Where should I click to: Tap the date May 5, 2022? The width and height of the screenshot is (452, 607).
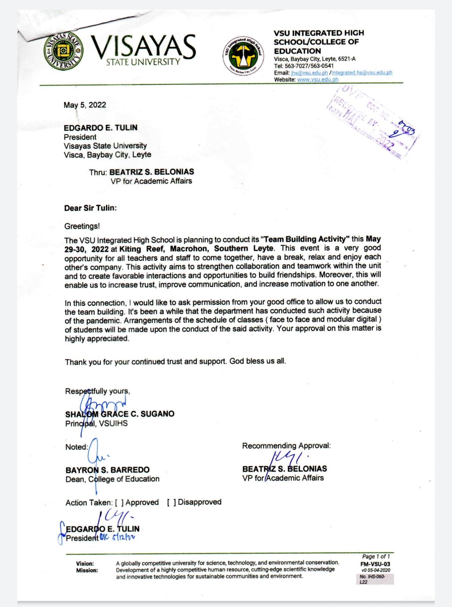pyautogui.click(x=85, y=105)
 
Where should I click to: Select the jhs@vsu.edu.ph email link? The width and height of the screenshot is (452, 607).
pyautogui.click(x=309, y=73)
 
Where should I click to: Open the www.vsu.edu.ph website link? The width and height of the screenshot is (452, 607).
pyautogui.click(x=318, y=80)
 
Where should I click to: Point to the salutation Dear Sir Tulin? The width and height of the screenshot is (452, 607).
pyautogui.click(x=90, y=208)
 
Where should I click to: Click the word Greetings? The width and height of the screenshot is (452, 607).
pyautogui.click(x=82, y=226)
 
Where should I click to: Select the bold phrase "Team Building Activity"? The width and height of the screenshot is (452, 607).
pyautogui.click(x=305, y=239)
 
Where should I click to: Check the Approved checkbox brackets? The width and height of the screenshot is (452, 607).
pyautogui.click(x=119, y=503)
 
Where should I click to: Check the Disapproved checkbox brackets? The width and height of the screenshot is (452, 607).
pyautogui.click(x=172, y=502)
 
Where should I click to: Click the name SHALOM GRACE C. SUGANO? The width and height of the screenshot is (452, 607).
pyautogui.click(x=120, y=414)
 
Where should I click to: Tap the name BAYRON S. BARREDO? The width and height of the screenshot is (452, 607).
pyautogui.click(x=108, y=470)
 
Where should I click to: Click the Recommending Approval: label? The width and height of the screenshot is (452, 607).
pyautogui.click(x=286, y=446)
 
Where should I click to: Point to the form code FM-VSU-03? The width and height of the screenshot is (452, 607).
pyautogui.click(x=375, y=564)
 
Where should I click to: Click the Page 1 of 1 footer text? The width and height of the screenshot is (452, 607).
pyautogui.click(x=376, y=556)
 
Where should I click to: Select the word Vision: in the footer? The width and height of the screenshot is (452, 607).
pyautogui.click(x=85, y=563)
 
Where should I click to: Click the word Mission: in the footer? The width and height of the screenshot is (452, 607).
pyautogui.click(x=87, y=570)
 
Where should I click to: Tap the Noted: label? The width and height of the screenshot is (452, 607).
pyautogui.click(x=77, y=447)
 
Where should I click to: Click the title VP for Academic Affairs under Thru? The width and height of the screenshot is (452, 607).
pyautogui.click(x=152, y=181)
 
